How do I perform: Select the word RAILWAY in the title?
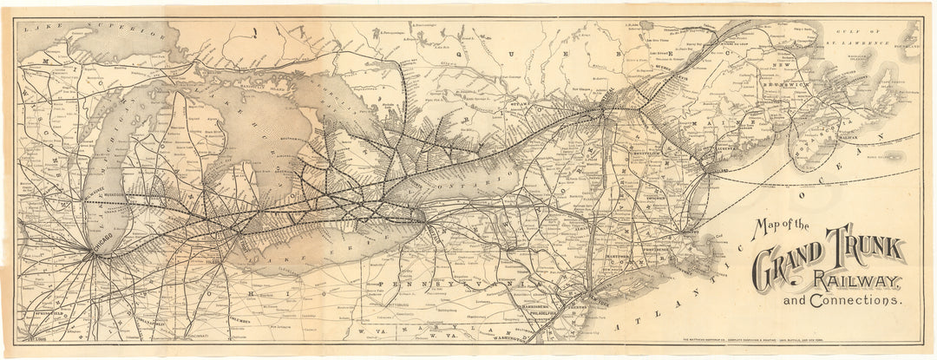click(860, 279)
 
